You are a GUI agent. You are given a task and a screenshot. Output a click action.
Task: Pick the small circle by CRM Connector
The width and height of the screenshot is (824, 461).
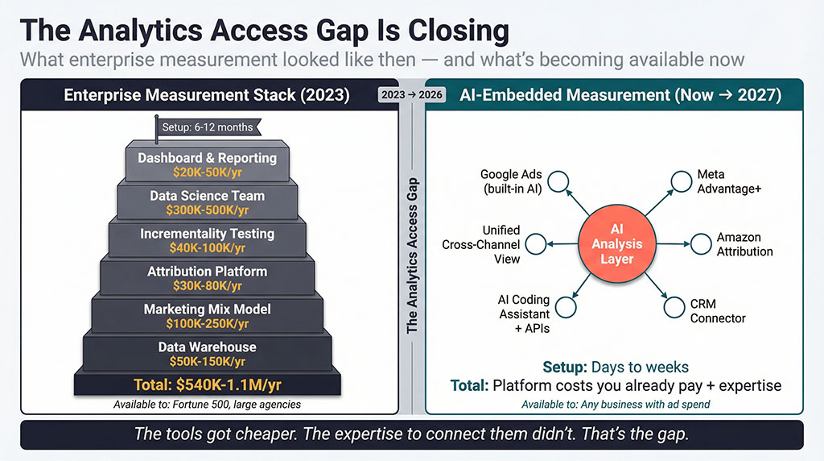click(674, 306)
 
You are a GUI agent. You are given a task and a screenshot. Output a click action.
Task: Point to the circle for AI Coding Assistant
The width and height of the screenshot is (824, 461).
click(566, 305)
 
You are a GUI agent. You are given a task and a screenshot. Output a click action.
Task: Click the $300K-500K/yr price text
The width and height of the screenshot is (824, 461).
click(207, 210)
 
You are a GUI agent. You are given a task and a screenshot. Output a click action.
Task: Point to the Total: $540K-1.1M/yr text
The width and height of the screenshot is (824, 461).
click(207, 383)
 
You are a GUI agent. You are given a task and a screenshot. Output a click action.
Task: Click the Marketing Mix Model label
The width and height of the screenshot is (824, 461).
click(207, 309)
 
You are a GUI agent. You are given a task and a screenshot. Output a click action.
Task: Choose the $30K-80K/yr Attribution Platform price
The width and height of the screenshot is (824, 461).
click(207, 285)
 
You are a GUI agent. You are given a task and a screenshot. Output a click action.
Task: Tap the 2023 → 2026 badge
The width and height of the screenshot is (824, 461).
click(411, 94)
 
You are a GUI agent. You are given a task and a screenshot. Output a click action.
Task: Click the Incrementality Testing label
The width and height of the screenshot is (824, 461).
click(207, 234)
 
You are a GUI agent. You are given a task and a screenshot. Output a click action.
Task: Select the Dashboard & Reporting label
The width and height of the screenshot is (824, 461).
click(207, 158)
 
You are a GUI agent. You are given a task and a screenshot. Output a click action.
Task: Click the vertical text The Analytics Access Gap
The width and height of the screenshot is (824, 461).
click(412, 255)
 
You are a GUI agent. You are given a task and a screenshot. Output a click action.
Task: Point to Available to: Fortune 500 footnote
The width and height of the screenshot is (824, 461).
click(207, 404)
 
